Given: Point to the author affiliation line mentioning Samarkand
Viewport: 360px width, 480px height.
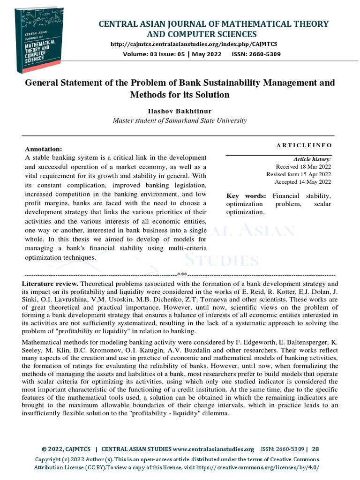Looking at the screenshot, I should point(180,120).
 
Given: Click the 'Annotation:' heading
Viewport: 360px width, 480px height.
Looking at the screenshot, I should point(43,149).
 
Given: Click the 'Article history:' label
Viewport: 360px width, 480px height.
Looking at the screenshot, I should point(312,159).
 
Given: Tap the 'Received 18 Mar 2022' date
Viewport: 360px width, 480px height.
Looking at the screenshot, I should point(303,167).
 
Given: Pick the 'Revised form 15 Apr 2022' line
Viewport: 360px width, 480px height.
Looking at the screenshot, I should point(299,174).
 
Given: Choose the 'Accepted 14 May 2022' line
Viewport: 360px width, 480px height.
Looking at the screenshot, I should point(303,182).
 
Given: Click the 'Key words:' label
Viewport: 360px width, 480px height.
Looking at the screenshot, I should point(246,196).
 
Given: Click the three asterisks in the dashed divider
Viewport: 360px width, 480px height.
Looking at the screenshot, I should point(182,274).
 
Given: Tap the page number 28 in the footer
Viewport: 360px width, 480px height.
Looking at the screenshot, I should point(315,449).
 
